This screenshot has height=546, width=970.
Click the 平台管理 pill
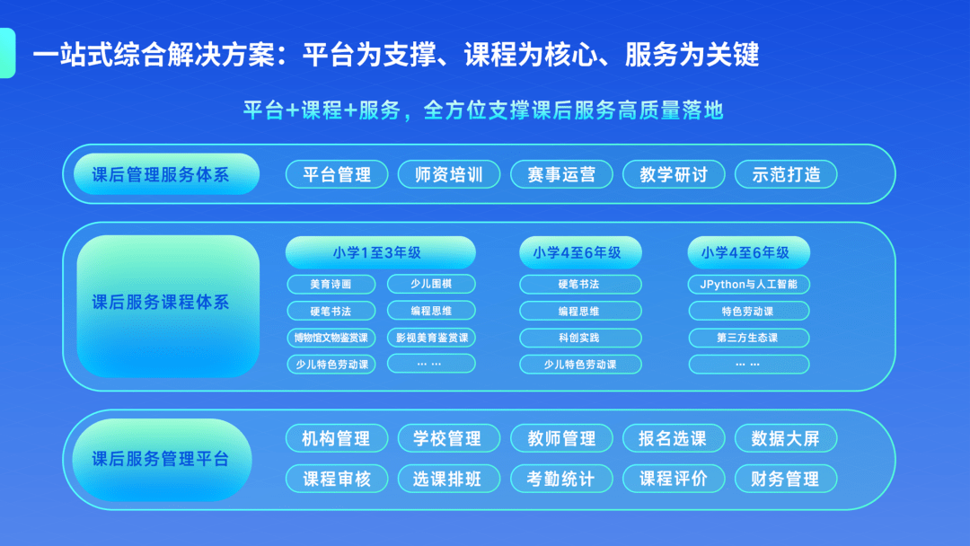point(337,174)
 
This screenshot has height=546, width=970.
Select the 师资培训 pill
point(449,174)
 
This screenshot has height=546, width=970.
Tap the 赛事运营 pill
point(561,174)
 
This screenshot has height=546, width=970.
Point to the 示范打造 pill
point(786,174)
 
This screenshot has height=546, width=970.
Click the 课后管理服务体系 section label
point(161,174)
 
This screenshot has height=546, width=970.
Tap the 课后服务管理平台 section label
point(161,459)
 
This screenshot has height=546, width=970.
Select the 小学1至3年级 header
point(380,253)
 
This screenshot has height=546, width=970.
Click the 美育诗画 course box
point(331,285)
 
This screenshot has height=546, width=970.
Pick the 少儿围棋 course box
point(431,285)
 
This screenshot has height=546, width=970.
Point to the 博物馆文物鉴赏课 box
point(331,339)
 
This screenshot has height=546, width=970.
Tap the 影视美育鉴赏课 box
point(431,339)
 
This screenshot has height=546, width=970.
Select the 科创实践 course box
point(580,339)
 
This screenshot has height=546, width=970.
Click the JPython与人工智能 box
point(748,285)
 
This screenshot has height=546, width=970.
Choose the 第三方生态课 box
point(748,339)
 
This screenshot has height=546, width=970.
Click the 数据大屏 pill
point(786,439)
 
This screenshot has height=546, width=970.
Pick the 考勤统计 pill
point(561,479)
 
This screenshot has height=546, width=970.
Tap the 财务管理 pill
point(786,479)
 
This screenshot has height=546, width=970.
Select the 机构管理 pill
point(337,439)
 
